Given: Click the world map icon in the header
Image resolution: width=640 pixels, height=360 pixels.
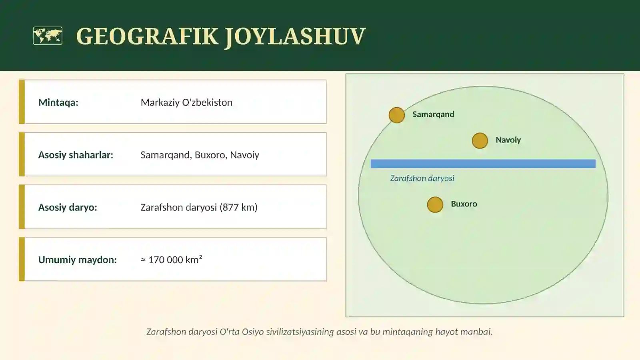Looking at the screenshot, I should (x=48, y=36).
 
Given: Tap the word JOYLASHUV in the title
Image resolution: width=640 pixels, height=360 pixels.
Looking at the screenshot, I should (x=295, y=36).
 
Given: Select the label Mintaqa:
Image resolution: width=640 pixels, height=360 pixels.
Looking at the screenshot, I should (x=58, y=102).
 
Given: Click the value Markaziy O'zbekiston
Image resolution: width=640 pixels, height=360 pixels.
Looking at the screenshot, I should (x=186, y=102).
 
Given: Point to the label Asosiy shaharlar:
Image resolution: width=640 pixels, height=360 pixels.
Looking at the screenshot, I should (x=76, y=155).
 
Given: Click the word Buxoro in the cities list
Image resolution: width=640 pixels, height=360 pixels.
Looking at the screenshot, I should (x=210, y=155).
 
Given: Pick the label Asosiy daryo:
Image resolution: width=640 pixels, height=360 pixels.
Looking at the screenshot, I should (x=68, y=207).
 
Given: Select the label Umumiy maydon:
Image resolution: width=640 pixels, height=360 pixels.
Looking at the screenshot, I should (x=78, y=260).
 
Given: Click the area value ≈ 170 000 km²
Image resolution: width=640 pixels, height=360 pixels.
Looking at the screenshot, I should (x=172, y=260).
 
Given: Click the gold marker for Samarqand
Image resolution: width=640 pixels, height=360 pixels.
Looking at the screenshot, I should (x=397, y=115).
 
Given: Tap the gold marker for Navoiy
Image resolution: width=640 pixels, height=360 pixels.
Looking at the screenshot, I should (x=480, y=141).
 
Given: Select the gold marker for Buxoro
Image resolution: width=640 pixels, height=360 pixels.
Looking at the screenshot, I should (x=435, y=205).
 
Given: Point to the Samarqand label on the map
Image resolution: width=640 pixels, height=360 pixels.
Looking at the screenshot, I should (x=433, y=114).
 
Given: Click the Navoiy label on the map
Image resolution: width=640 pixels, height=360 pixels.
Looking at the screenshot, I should (x=508, y=140).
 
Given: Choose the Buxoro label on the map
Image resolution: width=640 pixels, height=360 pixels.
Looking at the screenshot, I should (x=464, y=204).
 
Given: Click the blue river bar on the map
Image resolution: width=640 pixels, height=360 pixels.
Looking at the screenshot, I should (x=483, y=164).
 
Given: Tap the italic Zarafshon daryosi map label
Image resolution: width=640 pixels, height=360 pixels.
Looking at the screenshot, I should (x=422, y=178).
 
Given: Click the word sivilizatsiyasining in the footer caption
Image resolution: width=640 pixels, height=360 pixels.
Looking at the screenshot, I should (x=300, y=332).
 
